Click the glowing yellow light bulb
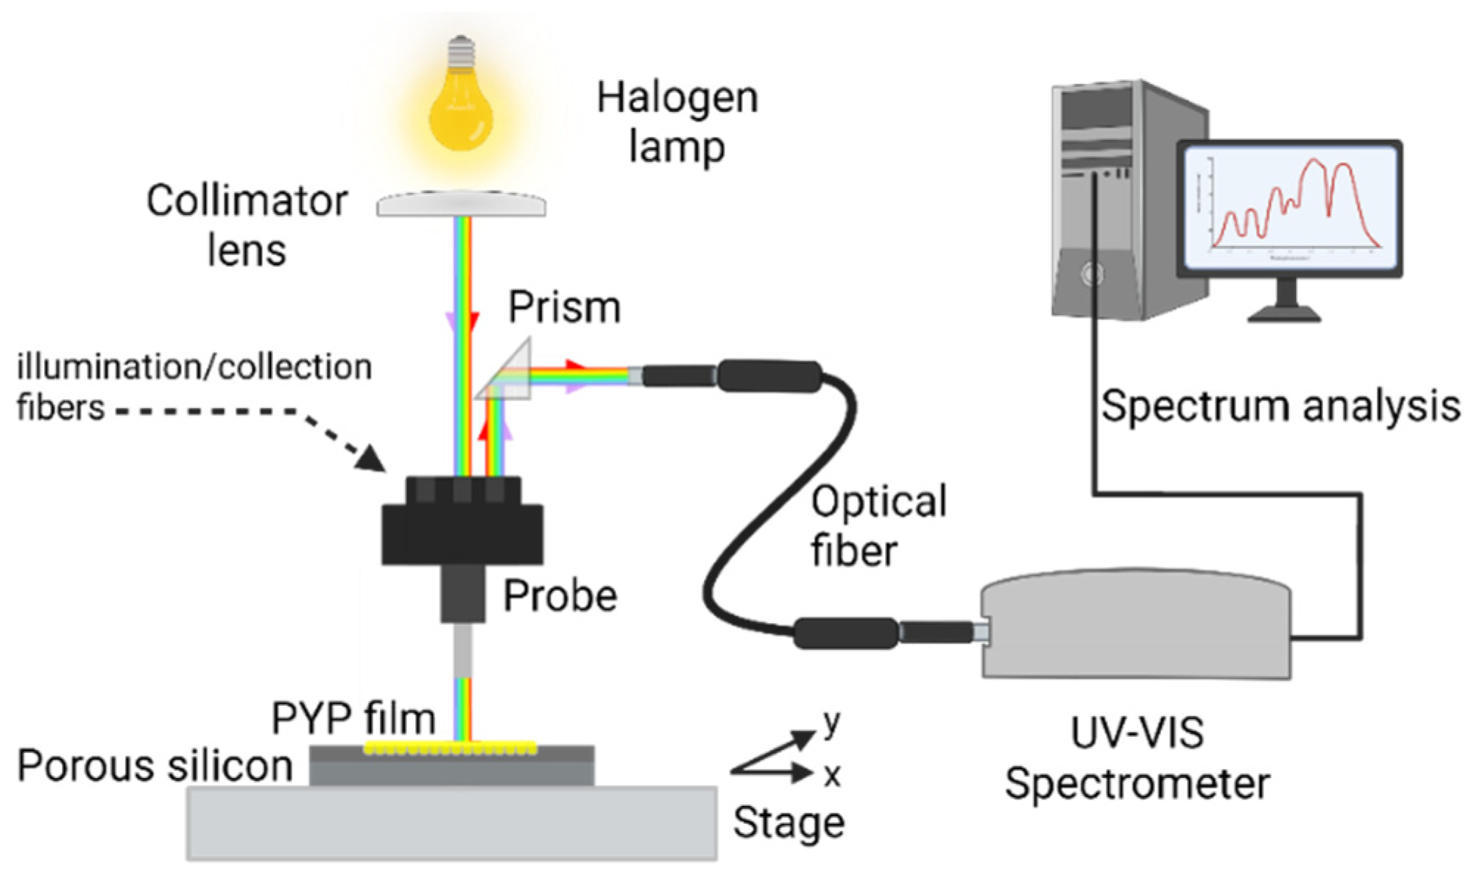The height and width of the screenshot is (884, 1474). click(x=461, y=107)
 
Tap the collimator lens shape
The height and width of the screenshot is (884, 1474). click(x=461, y=204)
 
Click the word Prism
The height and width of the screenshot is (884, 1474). click(x=564, y=307)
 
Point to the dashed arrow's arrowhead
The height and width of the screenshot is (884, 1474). click(x=371, y=459)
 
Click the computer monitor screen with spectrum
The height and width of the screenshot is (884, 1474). click(x=1290, y=208)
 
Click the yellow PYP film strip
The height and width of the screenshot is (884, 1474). click(x=451, y=749)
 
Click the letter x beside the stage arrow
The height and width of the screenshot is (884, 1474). click(x=832, y=775)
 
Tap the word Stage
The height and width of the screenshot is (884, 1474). click(x=788, y=822)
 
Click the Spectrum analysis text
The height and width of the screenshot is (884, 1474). click(x=1280, y=406)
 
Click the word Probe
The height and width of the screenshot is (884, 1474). click(x=560, y=595)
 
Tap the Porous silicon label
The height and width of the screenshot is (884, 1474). click(x=155, y=765)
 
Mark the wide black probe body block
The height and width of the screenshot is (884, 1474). click(x=462, y=534)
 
